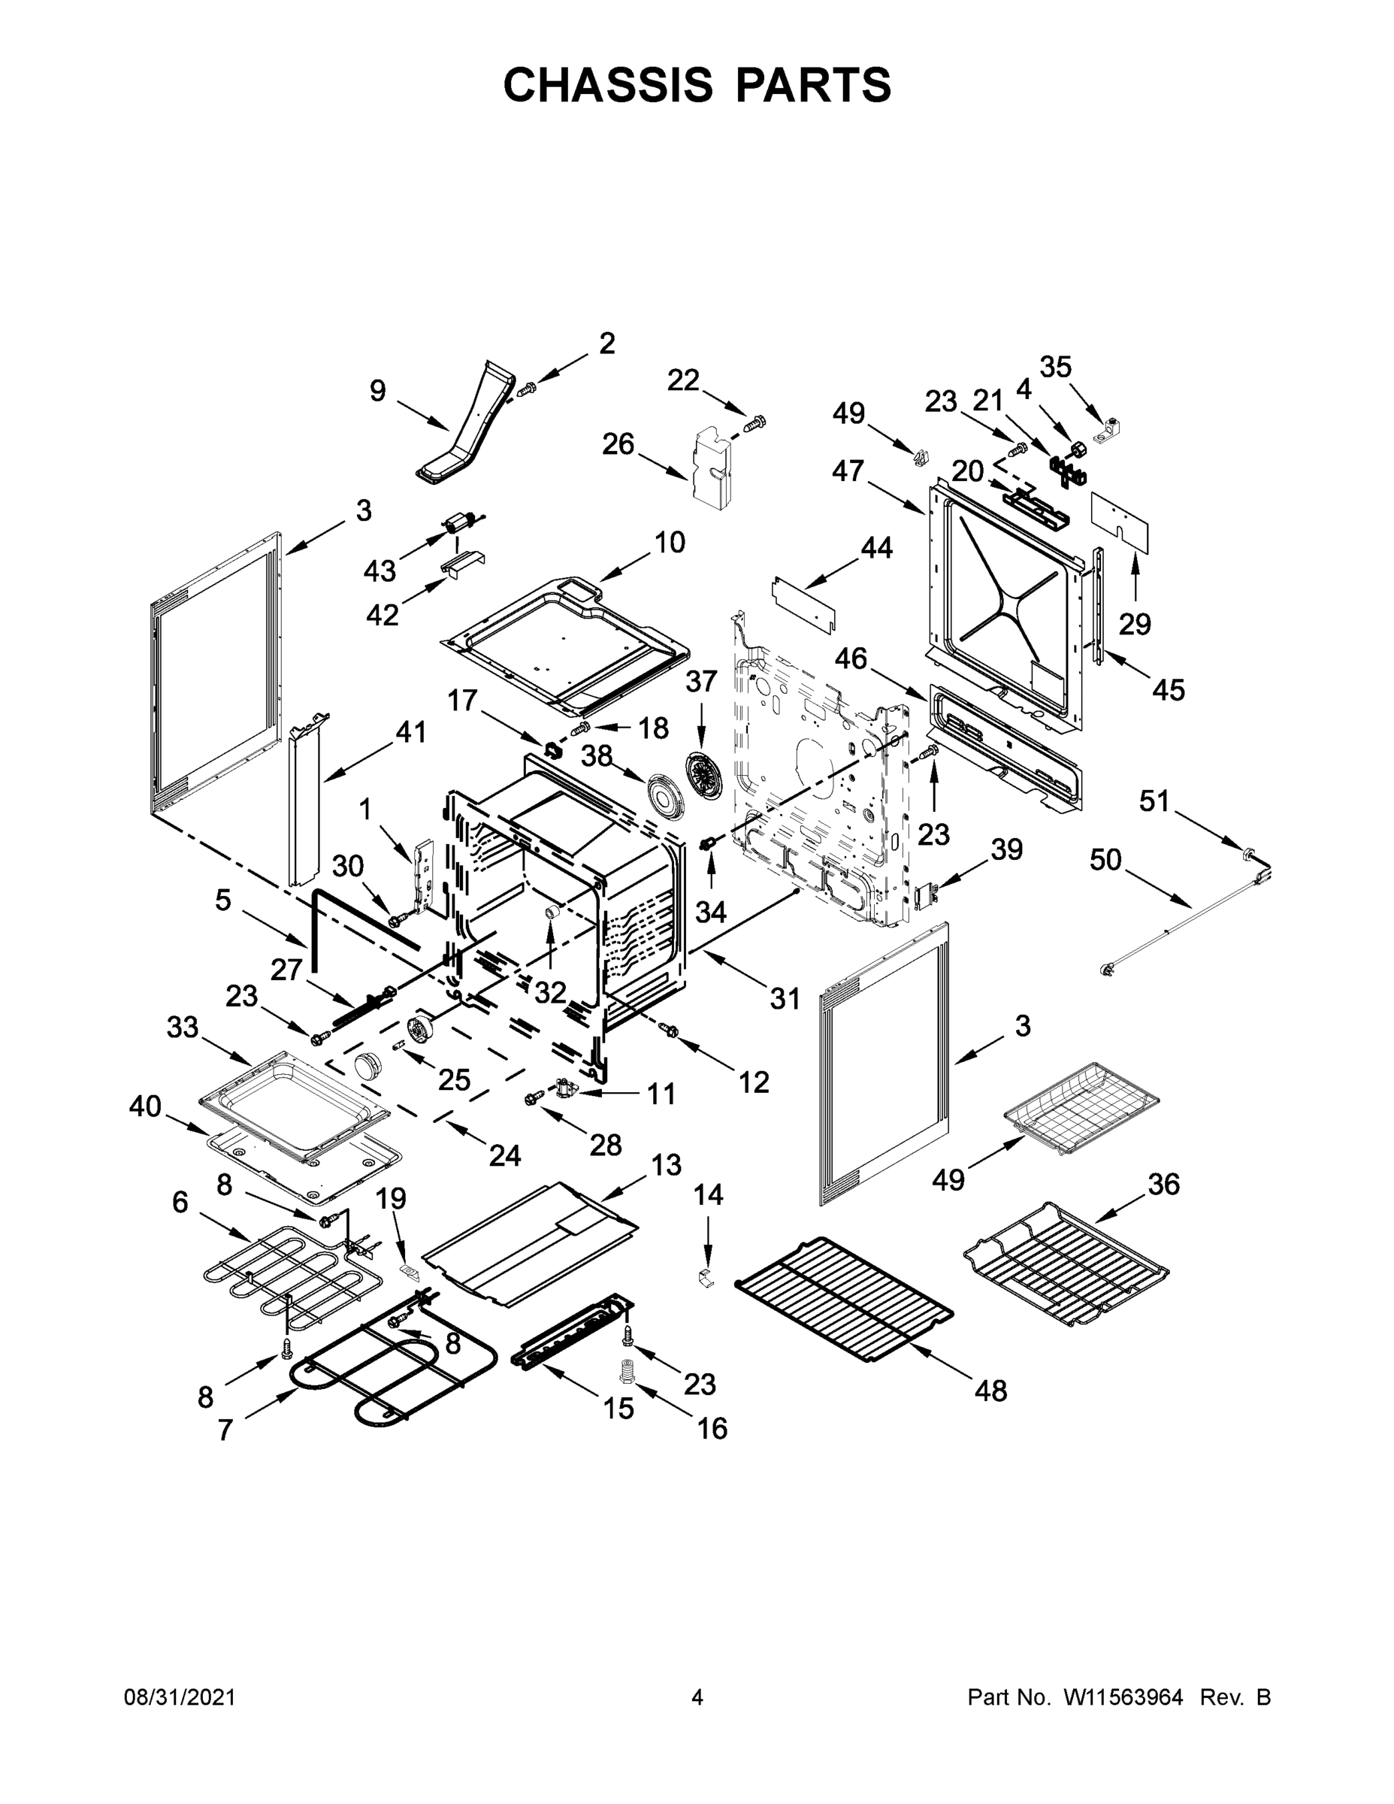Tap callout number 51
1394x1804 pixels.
pos(1154,801)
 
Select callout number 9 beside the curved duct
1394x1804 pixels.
pos(377,391)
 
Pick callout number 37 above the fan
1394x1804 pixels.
pos(701,682)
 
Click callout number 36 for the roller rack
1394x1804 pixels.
pos(1163,1185)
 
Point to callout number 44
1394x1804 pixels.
pos(876,548)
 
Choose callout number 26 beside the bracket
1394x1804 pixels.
pos(618,444)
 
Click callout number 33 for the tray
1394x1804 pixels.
pos(183,1028)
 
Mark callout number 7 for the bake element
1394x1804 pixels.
pos(225,1430)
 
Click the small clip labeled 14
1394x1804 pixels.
pos(705,1278)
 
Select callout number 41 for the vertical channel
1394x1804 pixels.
pos(410,732)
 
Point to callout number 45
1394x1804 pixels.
pos(1169,688)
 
